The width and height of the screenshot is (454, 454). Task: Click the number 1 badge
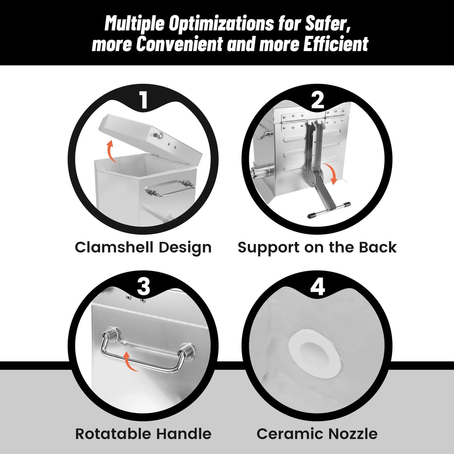click(x=144, y=100)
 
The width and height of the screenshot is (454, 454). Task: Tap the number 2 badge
click(x=317, y=100)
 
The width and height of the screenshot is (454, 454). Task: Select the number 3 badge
click(x=144, y=287)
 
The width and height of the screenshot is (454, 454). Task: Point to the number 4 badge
click(x=317, y=287)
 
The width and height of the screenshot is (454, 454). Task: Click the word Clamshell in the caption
click(x=114, y=247)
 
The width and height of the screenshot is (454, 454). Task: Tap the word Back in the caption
click(x=378, y=247)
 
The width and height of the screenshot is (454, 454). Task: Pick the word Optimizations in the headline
click(x=222, y=23)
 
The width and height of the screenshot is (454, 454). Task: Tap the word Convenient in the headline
click(x=180, y=44)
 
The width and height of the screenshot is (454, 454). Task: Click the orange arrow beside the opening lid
click(x=111, y=151)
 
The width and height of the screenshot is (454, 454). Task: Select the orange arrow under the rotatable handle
click(x=129, y=361)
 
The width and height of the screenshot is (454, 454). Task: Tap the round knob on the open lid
click(x=158, y=135)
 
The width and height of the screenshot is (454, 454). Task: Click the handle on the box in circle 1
click(x=170, y=188)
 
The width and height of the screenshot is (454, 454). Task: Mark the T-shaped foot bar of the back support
click(x=329, y=210)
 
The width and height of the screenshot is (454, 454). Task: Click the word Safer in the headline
click(x=328, y=23)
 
